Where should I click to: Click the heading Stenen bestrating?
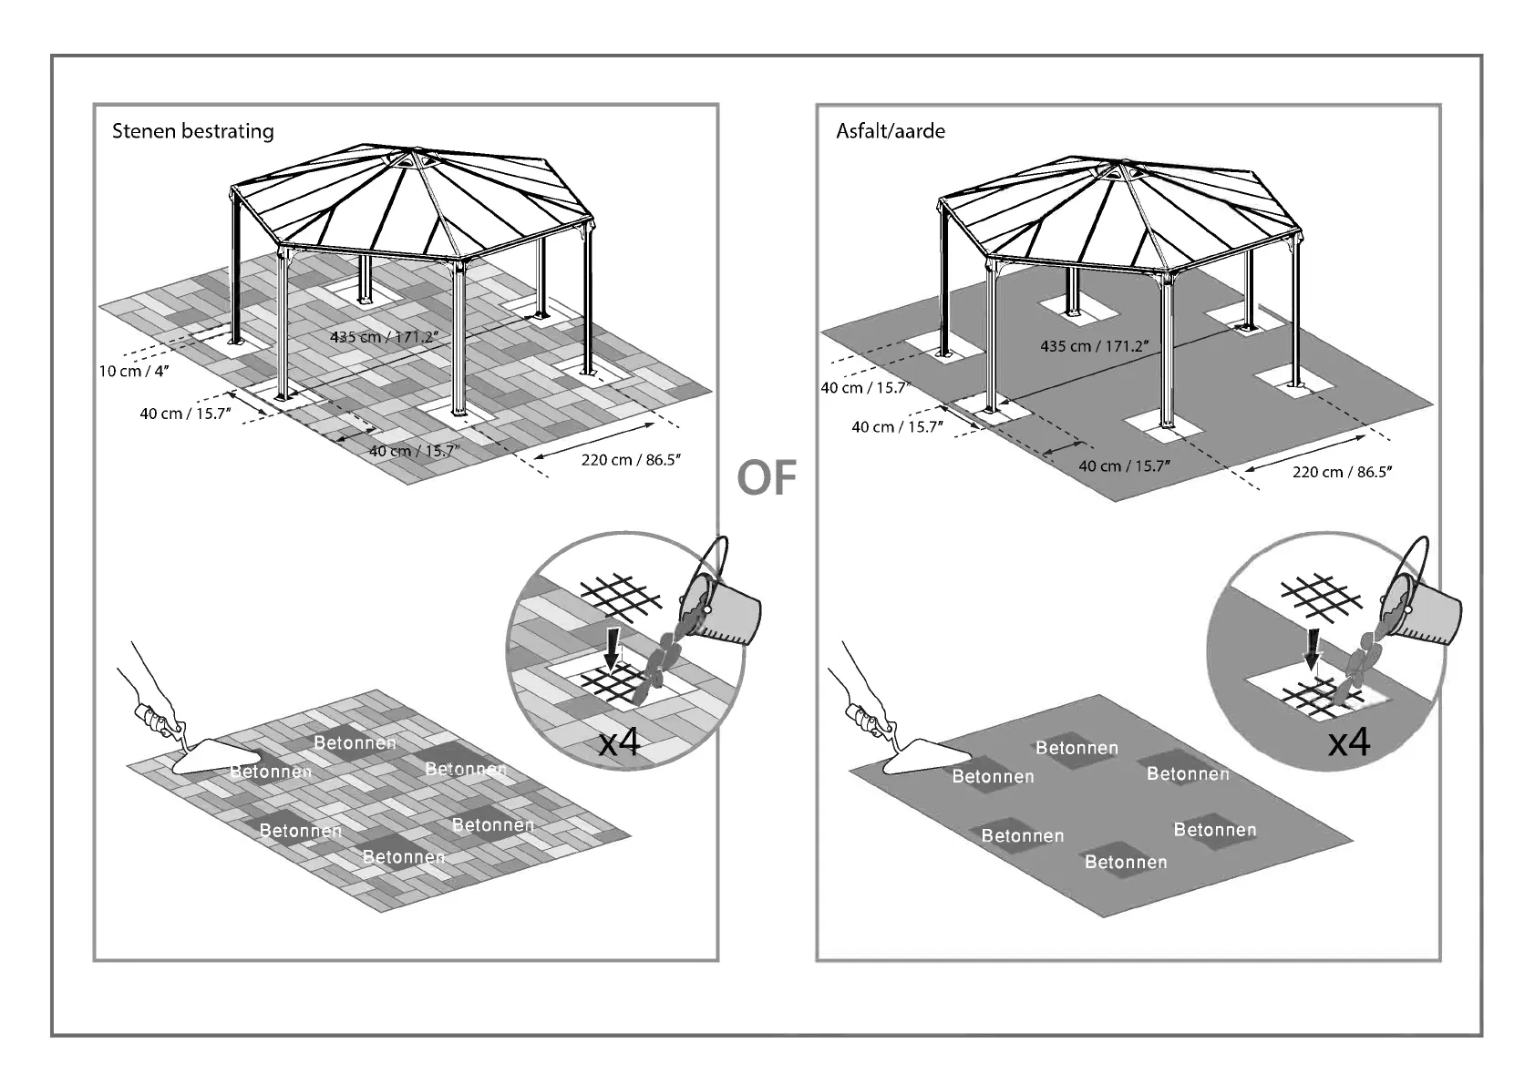tap(192, 130)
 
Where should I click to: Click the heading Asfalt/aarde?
tap(891, 130)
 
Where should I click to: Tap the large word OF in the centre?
tap(767, 478)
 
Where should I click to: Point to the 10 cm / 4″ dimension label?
tap(135, 372)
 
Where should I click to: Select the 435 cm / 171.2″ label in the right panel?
tap(1094, 346)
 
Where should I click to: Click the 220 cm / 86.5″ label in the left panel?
tap(631, 460)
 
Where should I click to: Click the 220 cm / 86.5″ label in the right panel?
tap(1342, 472)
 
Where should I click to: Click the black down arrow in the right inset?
tap(1313, 649)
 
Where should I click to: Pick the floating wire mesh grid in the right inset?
tap(1321, 597)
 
